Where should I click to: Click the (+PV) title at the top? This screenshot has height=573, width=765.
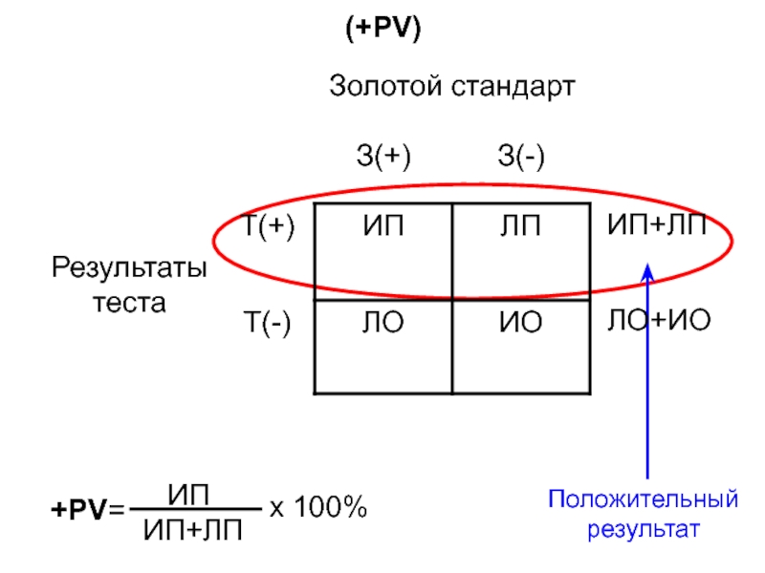pyautogui.click(x=383, y=30)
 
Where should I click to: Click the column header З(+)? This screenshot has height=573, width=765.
pyautogui.click(x=383, y=155)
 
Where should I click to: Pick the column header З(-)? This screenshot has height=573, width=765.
pyautogui.click(x=521, y=155)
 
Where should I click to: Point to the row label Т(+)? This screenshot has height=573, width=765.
pyautogui.click(x=269, y=227)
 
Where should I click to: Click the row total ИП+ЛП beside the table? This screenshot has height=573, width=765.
pyautogui.click(x=658, y=226)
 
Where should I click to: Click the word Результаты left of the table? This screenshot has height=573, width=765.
pyautogui.click(x=129, y=268)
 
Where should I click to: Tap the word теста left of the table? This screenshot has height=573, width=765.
pyautogui.click(x=129, y=303)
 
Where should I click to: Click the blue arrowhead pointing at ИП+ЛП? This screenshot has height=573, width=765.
pyautogui.click(x=647, y=274)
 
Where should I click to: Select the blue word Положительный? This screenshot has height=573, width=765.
pyautogui.click(x=644, y=499)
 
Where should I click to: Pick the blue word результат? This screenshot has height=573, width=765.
pyautogui.click(x=644, y=529)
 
